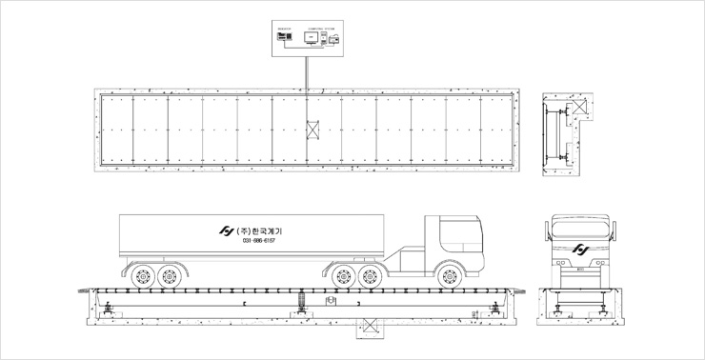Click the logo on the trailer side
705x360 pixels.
coord(227,231)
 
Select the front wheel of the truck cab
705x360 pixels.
coord(447,277)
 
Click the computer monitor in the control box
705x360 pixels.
coord(310,37)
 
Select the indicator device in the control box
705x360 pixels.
coord(284,37)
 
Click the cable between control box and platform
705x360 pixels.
coord(307,71)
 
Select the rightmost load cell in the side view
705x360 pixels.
coord(497,307)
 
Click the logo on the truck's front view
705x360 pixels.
coord(579,250)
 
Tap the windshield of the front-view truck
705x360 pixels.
coord(579,229)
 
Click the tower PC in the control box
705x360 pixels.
coord(324,38)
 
